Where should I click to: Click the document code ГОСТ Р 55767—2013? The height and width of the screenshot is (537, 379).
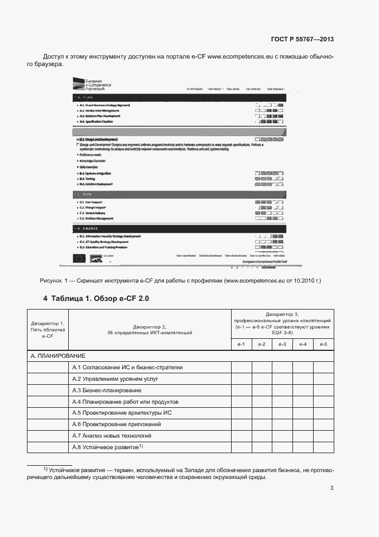302,39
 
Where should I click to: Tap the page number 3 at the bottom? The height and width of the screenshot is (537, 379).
331,488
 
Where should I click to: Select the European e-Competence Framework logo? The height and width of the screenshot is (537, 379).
91,86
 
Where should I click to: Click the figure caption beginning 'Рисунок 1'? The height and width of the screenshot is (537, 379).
181,281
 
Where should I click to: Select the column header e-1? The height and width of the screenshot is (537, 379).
241,343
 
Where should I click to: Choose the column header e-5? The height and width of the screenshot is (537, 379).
323,343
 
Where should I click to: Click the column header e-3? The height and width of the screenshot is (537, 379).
282,343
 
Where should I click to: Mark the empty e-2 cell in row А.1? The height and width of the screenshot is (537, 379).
261,368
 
